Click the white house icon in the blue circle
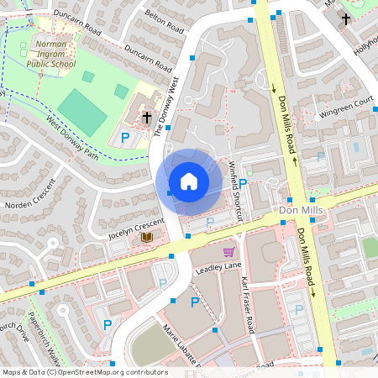(188, 181)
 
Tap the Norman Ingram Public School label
(51, 53)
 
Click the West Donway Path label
(72, 139)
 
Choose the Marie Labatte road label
(181, 346)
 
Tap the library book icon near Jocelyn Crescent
(147, 238)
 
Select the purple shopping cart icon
(228, 251)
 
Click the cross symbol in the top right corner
(345, 18)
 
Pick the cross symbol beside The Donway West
(147, 117)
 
